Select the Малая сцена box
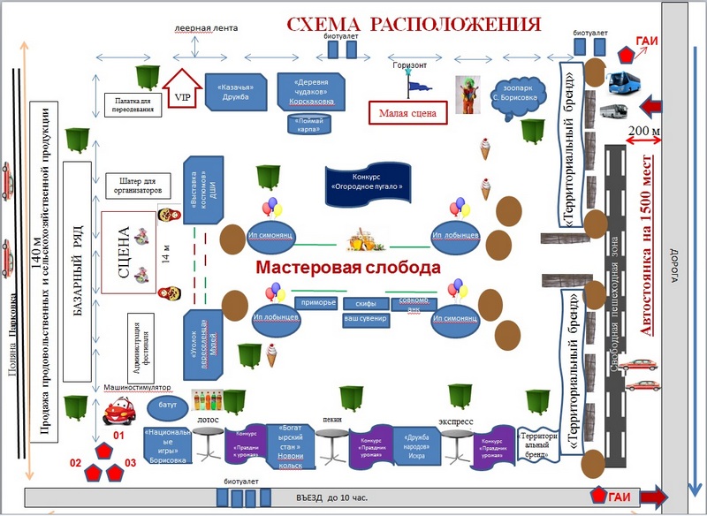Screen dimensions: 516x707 pos(408,113)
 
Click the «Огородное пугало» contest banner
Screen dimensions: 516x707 pos(367,181)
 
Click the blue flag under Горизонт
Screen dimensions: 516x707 pos(414,84)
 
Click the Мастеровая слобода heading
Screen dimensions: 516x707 pos(346,267)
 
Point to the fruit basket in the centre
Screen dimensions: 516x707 pos(364,240)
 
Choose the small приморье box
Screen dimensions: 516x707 pos(318,303)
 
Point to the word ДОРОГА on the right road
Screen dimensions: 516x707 pos(673,265)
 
